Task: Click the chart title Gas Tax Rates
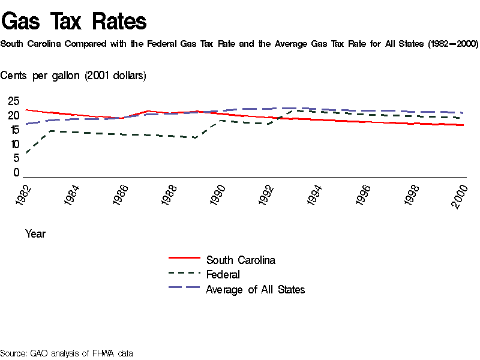point(74,22)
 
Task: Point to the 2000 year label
point(460,196)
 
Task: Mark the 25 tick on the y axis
point(13,101)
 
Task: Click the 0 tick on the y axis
point(17,173)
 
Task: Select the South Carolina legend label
point(241,260)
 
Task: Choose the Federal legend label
point(223,275)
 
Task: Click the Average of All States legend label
point(255,290)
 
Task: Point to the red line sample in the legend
point(184,257)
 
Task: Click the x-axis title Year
point(35,234)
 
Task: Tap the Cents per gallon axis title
point(73,76)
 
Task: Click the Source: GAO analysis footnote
point(67,353)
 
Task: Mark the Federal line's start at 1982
point(26,152)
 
